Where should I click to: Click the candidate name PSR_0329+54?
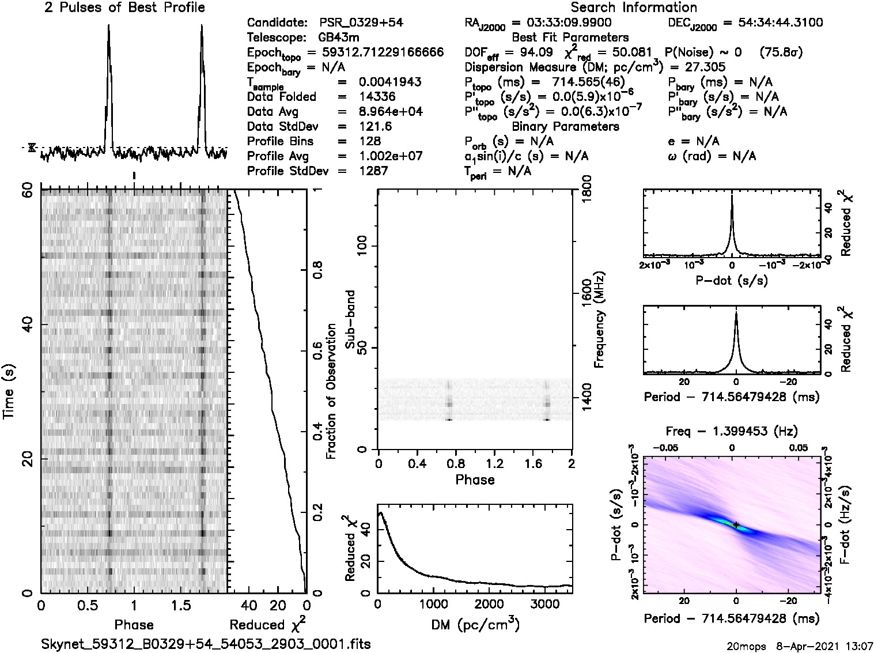pos(361,23)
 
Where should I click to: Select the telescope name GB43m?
pos(339,38)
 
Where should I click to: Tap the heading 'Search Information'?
pos(634,7)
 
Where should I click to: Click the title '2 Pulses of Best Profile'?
pos(124,7)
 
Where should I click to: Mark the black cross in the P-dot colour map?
pos(736,524)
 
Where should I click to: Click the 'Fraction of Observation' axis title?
pos(331,391)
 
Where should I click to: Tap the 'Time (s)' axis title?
pos(10,390)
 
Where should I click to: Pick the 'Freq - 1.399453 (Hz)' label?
pos(732,431)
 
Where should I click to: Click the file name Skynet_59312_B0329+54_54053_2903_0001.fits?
pos(206,644)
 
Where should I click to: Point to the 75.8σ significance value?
pos(781,52)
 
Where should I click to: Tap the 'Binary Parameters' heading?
pos(565,126)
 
